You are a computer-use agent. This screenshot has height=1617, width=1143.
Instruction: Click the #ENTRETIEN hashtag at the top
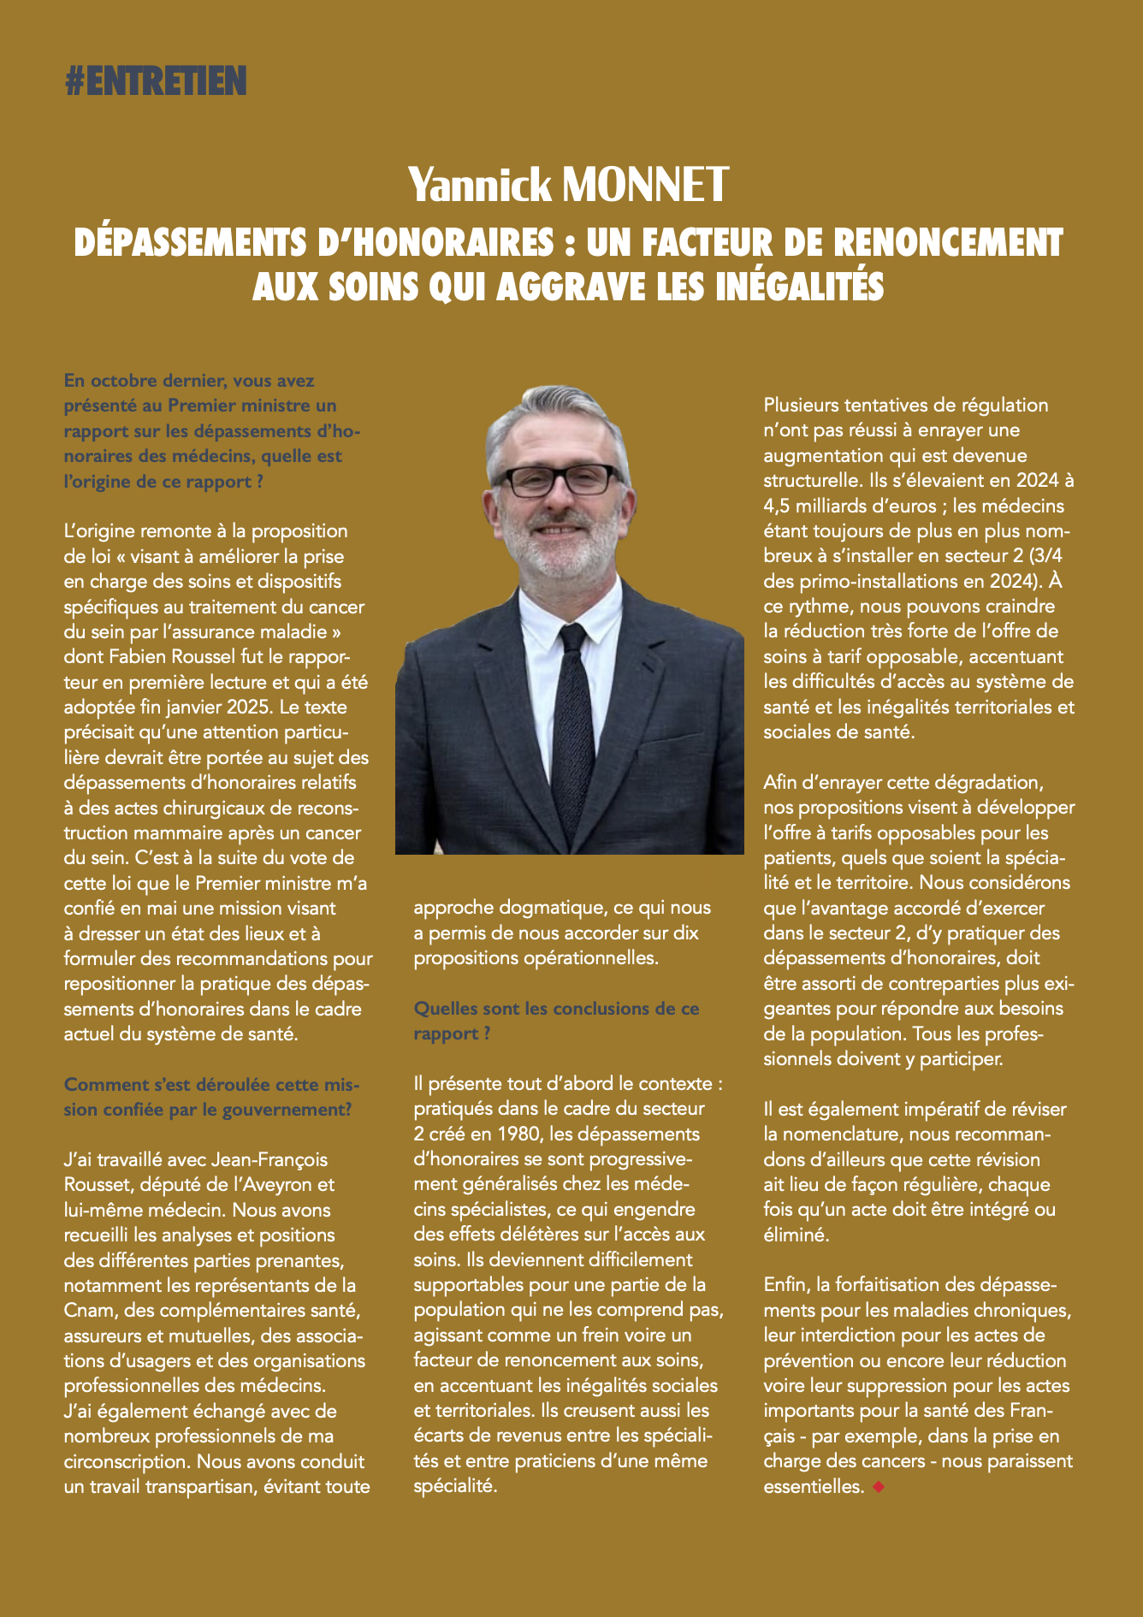point(155,81)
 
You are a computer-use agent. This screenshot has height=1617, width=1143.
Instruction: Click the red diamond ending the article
point(878,1488)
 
